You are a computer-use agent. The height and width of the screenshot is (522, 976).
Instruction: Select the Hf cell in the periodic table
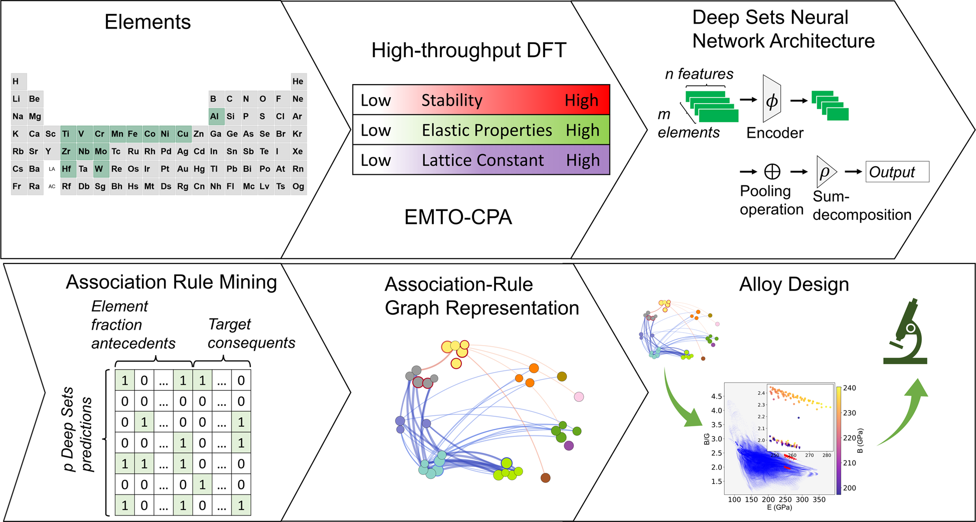67,169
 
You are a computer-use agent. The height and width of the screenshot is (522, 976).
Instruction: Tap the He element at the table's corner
298,81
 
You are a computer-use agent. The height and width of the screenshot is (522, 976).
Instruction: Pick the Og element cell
298,186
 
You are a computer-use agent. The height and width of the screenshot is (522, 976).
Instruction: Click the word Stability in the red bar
451,100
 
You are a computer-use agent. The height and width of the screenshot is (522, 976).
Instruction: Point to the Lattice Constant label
482,160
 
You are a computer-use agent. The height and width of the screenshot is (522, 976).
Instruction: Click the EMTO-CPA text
458,217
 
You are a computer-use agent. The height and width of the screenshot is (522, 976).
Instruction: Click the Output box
897,172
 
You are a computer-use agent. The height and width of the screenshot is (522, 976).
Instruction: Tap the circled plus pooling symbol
772,172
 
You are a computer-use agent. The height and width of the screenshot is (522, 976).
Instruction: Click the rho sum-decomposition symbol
824,172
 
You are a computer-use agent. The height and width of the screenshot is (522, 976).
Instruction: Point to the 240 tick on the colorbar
849,388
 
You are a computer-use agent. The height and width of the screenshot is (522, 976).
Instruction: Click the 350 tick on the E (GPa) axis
819,499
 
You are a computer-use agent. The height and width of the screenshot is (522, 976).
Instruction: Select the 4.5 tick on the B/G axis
716,396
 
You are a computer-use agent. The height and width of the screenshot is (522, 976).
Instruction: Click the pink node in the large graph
579,397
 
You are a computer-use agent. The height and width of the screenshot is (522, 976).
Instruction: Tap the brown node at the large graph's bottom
545,478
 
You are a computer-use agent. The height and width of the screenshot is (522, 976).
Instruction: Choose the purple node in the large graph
569,445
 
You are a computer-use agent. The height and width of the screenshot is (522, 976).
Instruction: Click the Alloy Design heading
794,285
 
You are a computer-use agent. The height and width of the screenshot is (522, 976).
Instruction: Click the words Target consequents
251,334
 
